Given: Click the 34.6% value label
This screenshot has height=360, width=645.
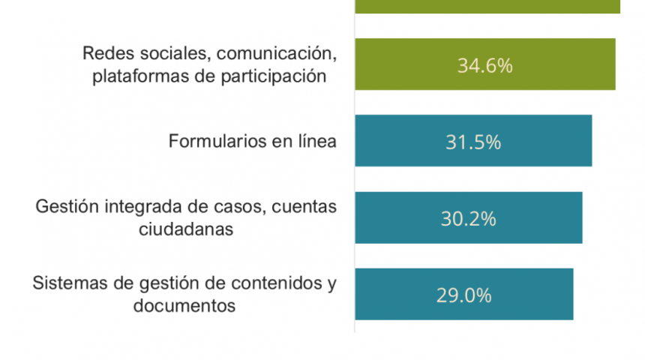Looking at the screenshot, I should (484, 65).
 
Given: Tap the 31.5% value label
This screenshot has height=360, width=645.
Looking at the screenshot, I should (472, 142).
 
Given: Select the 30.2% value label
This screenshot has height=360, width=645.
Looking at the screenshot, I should (468, 219).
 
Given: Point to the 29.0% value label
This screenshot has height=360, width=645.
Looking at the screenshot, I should (463, 295).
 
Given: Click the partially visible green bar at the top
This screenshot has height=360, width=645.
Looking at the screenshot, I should (487, 6).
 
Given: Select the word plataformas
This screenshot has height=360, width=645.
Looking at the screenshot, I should (133, 76).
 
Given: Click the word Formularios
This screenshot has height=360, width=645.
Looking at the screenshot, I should (214, 142).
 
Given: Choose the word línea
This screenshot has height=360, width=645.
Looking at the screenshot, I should (315, 142).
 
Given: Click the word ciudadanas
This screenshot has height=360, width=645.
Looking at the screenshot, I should (185, 229).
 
